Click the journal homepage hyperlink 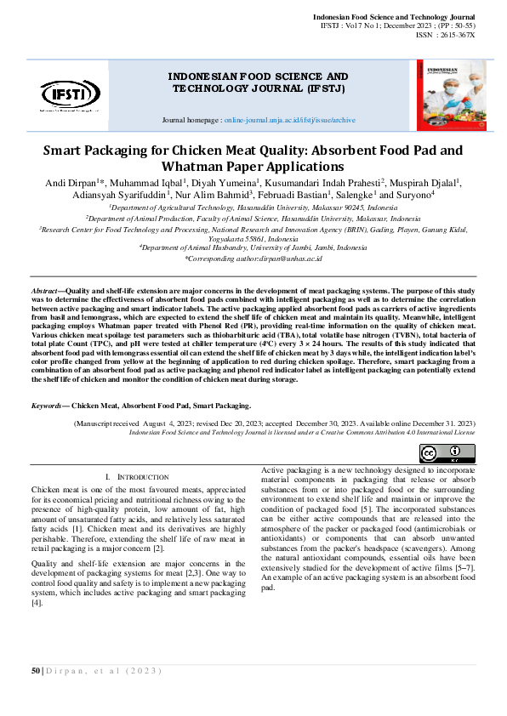point(289,121)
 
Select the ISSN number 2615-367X point(458,35)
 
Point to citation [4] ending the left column point(37,603)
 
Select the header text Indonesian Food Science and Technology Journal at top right point(394,17)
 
